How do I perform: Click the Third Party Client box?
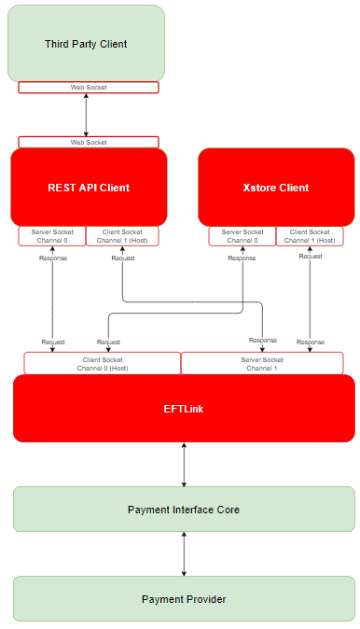[x=86, y=44]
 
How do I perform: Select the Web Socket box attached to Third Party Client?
[x=89, y=88]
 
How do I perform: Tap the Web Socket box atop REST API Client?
[x=89, y=143]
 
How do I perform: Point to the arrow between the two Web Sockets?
[x=86, y=115]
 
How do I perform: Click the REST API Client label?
[x=89, y=188]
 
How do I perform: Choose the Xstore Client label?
[x=275, y=188]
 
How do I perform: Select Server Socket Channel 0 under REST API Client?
[x=52, y=236]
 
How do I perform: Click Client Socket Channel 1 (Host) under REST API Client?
[x=123, y=236]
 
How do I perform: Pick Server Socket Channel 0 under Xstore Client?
[x=242, y=236]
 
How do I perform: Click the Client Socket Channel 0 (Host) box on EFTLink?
[x=103, y=363]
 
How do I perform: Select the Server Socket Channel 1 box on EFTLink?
[x=262, y=363]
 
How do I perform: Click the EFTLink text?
[x=184, y=409]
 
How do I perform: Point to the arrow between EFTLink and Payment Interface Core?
[x=184, y=465]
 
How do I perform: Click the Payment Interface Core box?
[x=184, y=510]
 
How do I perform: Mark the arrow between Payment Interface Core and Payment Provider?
[x=184, y=553]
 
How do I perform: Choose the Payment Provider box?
[x=184, y=599]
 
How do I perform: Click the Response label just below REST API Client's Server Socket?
[x=52, y=259]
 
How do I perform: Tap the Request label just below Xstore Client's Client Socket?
[x=311, y=256]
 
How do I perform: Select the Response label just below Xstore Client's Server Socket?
[x=242, y=259]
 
